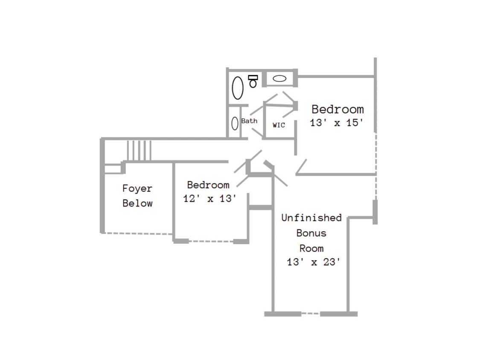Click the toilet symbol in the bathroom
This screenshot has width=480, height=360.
pyautogui.click(x=253, y=81)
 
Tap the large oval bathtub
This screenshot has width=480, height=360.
pyautogui.click(x=238, y=88)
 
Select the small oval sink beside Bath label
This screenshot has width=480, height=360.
pyautogui.click(x=235, y=124)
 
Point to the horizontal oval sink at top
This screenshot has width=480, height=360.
pyautogui.click(x=279, y=78)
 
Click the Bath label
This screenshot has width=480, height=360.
pyautogui.click(x=249, y=121)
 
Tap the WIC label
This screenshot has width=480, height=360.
pyautogui.click(x=279, y=125)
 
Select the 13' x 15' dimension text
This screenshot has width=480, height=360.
pyautogui.click(x=337, y=123)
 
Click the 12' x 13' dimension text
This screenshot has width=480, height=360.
pyautogui.click(x=209, y=199)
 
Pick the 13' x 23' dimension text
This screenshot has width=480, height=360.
pyautogui.click(x=314, y=262)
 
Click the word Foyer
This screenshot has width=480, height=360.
pyautogui.click(x=137, y=189)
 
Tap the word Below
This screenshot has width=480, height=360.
pyautogui.click(x=137, y=203)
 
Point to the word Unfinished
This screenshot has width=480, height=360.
pyautogui.click(x=311, y=218)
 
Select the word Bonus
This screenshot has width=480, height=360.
pyautogui.click(x=311, y=233)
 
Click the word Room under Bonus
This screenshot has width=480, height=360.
pyautogui.click(x=311, y=248)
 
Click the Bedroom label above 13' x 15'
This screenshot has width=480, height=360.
pyautogui.click(x=337, y=109)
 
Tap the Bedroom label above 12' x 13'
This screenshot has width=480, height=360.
pyautogui.click(x=208, y=185)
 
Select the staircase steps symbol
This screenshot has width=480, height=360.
pyautogui.click(x=139, y=150)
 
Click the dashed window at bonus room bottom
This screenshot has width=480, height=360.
pyautogui.click(x=311, y=314)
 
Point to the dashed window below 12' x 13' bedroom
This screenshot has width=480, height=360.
pyautogui.click(x=211, y=241)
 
